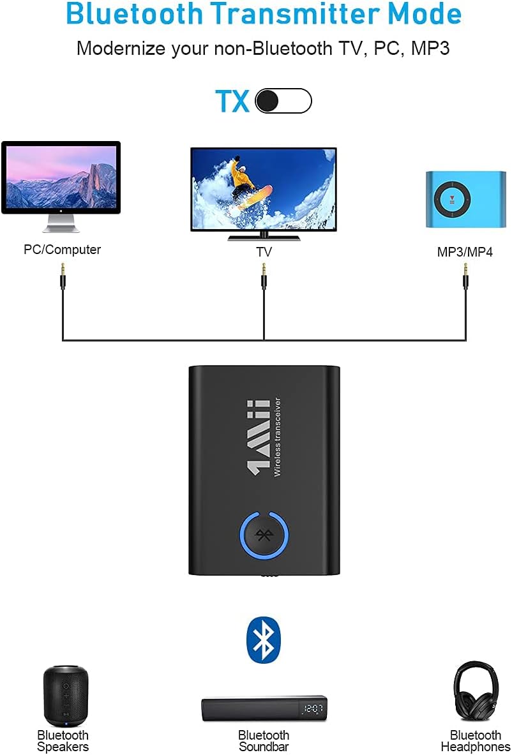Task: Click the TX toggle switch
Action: [x=283, y=101]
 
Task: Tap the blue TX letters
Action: [x=232, y=101]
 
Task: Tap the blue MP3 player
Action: [x=465, y=198]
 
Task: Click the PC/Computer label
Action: [x=62, y=250]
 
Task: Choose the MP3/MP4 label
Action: [x=465, y=252]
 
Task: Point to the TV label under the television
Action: [x=264, y=252]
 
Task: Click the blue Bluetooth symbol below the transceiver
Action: [x=263, y=639]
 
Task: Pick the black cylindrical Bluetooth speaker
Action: [x=65, y=696]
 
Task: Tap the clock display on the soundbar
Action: [x=313, y=709]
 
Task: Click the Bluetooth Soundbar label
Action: [x=264, y=741]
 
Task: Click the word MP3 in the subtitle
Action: [x=429, y=48]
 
